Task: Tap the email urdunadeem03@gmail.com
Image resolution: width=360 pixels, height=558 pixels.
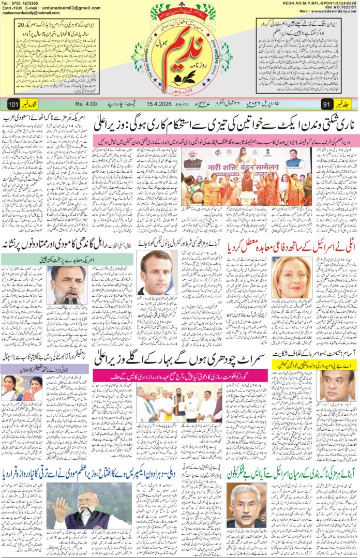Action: tap(72, 9)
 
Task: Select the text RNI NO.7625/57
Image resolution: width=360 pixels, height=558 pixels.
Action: tap(338, 9)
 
